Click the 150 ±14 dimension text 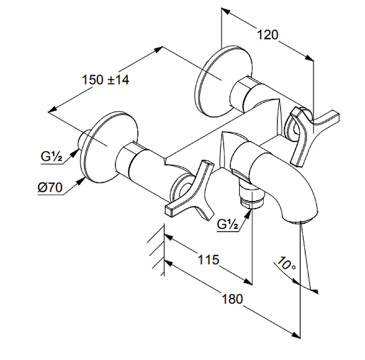point(105,79)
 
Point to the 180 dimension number point(232,299)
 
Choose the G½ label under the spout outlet point(227,224)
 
